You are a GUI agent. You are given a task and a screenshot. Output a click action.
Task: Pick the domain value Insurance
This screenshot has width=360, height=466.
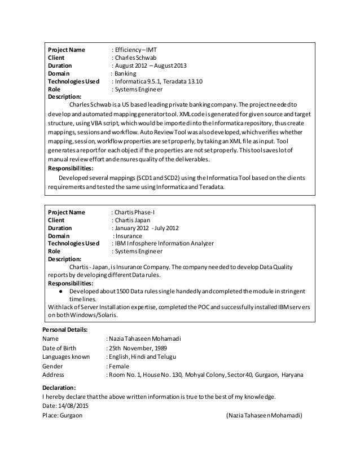[x=129, y=236]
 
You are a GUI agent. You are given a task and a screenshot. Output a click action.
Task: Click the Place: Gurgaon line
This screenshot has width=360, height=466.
[x=62, y=416]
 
